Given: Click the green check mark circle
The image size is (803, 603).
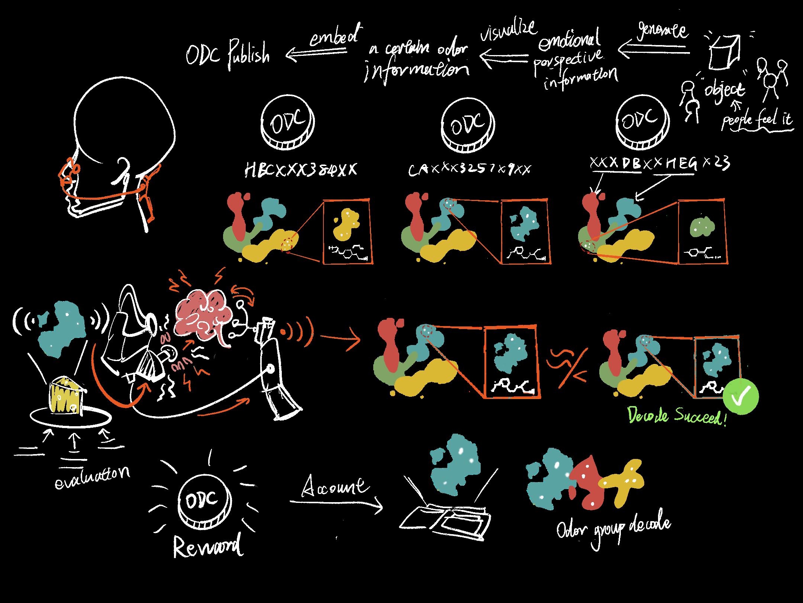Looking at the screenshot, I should tap(741, 397).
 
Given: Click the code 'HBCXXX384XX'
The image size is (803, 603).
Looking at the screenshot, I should tap(300, 170).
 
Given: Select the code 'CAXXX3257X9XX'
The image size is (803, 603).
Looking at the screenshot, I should tap(470, 169).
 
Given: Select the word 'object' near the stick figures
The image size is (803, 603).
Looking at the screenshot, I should tap(725, 90).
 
